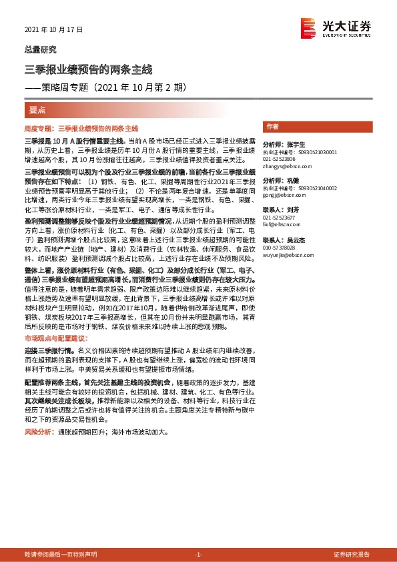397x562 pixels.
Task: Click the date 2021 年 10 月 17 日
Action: click(x=53, y=31)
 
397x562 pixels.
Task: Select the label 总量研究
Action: click(x=41, y=49)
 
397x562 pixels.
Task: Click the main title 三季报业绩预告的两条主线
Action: click(x=89, y=69)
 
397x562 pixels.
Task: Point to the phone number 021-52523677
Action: click(x=279, y=218)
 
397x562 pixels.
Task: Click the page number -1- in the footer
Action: click(x=198, y=555)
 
